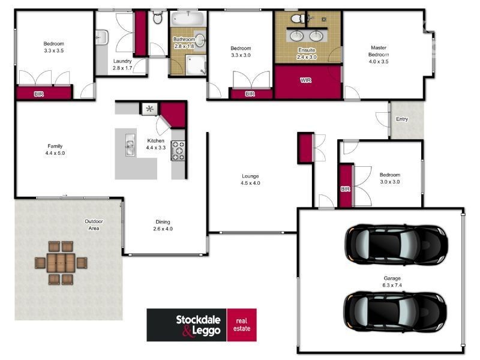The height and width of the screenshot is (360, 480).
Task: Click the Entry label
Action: click(x=401, y=119)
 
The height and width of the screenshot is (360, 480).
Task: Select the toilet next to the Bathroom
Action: click(x=158, y=17)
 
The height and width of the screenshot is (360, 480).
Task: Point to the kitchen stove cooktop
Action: click(x=178, y=150)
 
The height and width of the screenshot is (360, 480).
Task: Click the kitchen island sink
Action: click(x=129, y=145)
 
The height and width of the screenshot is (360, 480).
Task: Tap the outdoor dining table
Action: click(x=61, y=262)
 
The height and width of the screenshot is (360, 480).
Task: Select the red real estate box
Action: click(x=242, y=325)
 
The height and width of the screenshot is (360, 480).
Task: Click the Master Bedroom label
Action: click(x=379, y=51)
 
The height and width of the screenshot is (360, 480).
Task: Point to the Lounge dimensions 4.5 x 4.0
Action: click(x=250, y=183)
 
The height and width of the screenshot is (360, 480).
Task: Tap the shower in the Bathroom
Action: click(x=195, y=64)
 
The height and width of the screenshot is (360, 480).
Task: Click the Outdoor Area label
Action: click(x=94, y=224)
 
